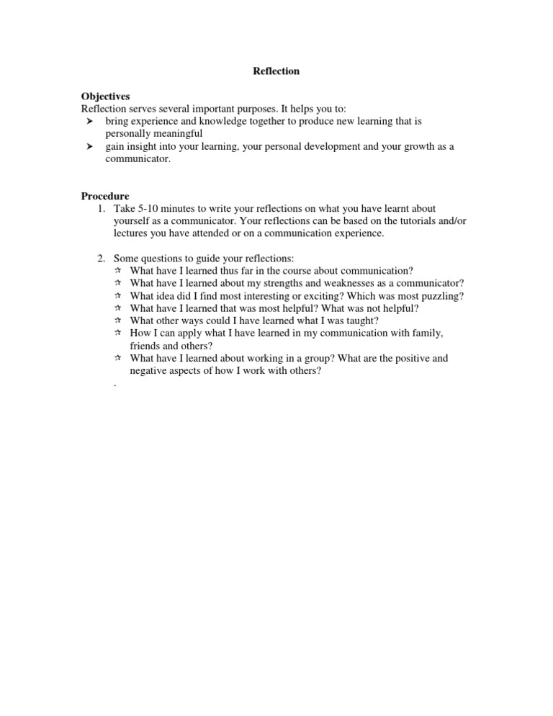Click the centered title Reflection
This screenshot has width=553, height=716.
click(276, 71)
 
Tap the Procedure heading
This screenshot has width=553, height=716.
click(105, 196)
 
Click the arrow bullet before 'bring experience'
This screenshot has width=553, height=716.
click(90, 122)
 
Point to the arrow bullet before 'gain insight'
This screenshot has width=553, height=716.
click(90, 147)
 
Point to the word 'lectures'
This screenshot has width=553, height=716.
click(131, 233)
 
